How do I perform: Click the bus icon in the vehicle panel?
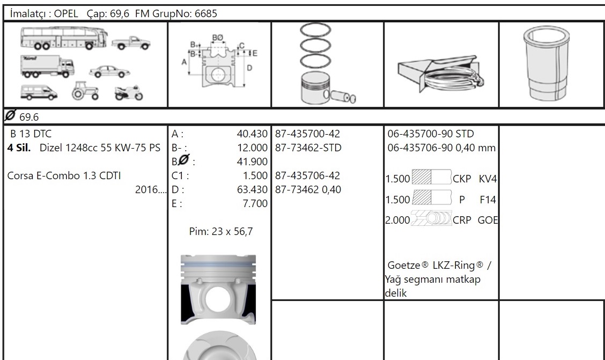click(64, 38)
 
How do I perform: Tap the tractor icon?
click(85, 91)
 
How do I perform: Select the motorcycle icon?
click(129, 93)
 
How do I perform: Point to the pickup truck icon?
click(131, 43)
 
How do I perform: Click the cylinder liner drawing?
click(547, 64)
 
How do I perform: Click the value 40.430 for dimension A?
click(252, 134)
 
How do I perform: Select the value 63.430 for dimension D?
click(252, 189)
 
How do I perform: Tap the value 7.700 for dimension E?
click(255, 203)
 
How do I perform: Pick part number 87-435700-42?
click(307, 134)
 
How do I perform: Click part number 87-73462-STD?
click(308, 148)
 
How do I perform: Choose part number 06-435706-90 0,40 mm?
click(441, 148)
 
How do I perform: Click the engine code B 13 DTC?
click(31, 134)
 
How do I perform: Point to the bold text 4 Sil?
click(19, 148)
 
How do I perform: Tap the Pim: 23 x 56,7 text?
click(221, 232)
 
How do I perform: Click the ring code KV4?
click(488, 179)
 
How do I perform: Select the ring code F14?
click(488, 200)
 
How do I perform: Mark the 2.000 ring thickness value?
click(398, 221)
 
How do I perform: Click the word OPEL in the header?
click(66, 13)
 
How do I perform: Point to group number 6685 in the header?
click(206, 13)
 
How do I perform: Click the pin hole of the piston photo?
click(218, 299)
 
